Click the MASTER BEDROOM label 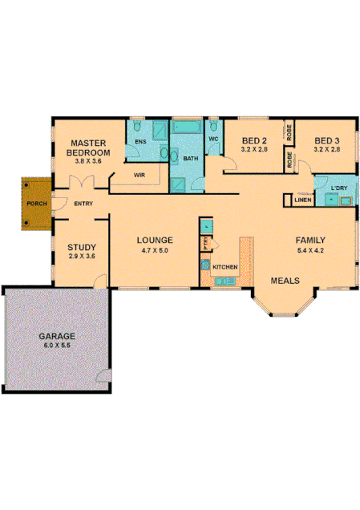87,147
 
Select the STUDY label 81,247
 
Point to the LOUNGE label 155,240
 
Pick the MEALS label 285,281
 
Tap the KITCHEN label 224,265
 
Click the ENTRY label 83,204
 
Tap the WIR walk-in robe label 139,174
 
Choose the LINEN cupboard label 302,200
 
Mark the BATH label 190,159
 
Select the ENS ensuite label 140,142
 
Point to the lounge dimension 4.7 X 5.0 155,250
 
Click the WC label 213,140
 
